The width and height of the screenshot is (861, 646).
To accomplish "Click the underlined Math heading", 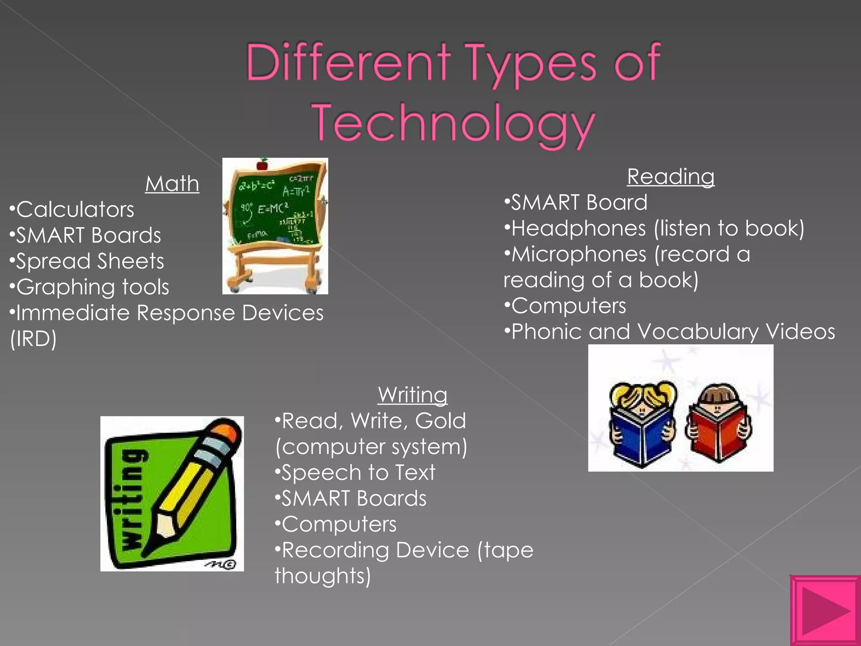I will tap(172, 184).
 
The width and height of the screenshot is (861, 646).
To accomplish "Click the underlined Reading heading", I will tap(671, 177).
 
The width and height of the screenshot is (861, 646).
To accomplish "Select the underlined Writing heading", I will tap(412, 395).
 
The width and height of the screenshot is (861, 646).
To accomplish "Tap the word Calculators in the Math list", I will tap(75, 210).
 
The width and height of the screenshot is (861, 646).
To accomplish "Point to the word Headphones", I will tap(578, 229).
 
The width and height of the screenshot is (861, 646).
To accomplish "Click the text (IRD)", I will tap(33, 339).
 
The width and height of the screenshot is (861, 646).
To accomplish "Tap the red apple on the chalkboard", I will tap(263, 164).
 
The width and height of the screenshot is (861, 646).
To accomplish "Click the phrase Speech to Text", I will tap(358, 473).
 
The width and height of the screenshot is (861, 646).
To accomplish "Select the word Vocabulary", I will tap(698, 332).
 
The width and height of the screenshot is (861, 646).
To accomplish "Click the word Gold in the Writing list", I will tap(441, 421).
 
